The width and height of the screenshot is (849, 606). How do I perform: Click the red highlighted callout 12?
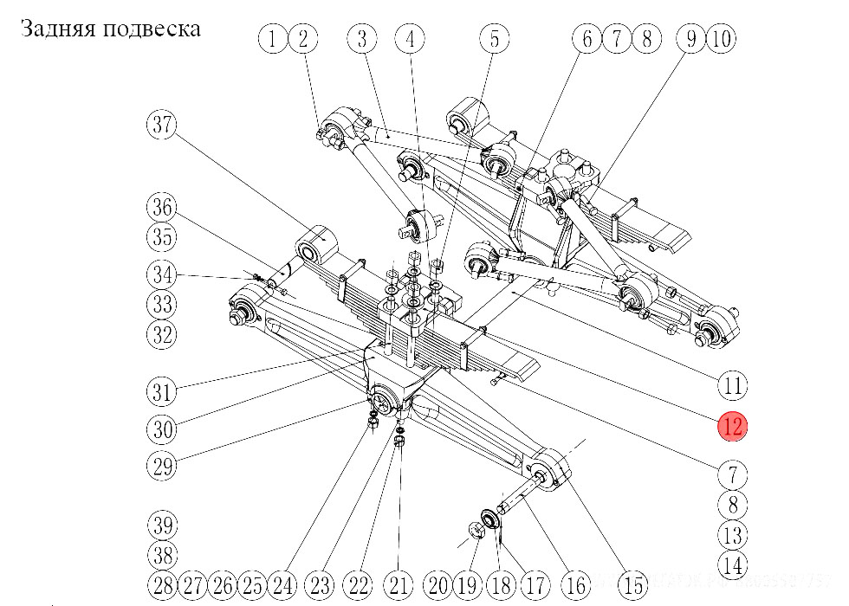732,425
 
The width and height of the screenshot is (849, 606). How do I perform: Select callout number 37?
160,125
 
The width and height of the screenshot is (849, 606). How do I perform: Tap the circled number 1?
273,38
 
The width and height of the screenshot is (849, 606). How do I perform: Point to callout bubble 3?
363,38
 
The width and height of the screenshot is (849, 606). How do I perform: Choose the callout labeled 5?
495,38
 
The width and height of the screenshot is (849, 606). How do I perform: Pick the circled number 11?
733,385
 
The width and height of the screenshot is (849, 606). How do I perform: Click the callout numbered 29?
160,467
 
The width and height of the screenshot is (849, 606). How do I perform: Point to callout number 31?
160,391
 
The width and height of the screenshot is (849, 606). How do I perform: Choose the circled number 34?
160,275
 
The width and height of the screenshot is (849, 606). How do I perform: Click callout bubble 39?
160,525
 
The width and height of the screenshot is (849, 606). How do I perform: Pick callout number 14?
732,565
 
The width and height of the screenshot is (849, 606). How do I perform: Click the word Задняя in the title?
56,29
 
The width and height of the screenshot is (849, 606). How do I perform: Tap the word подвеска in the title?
152,29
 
